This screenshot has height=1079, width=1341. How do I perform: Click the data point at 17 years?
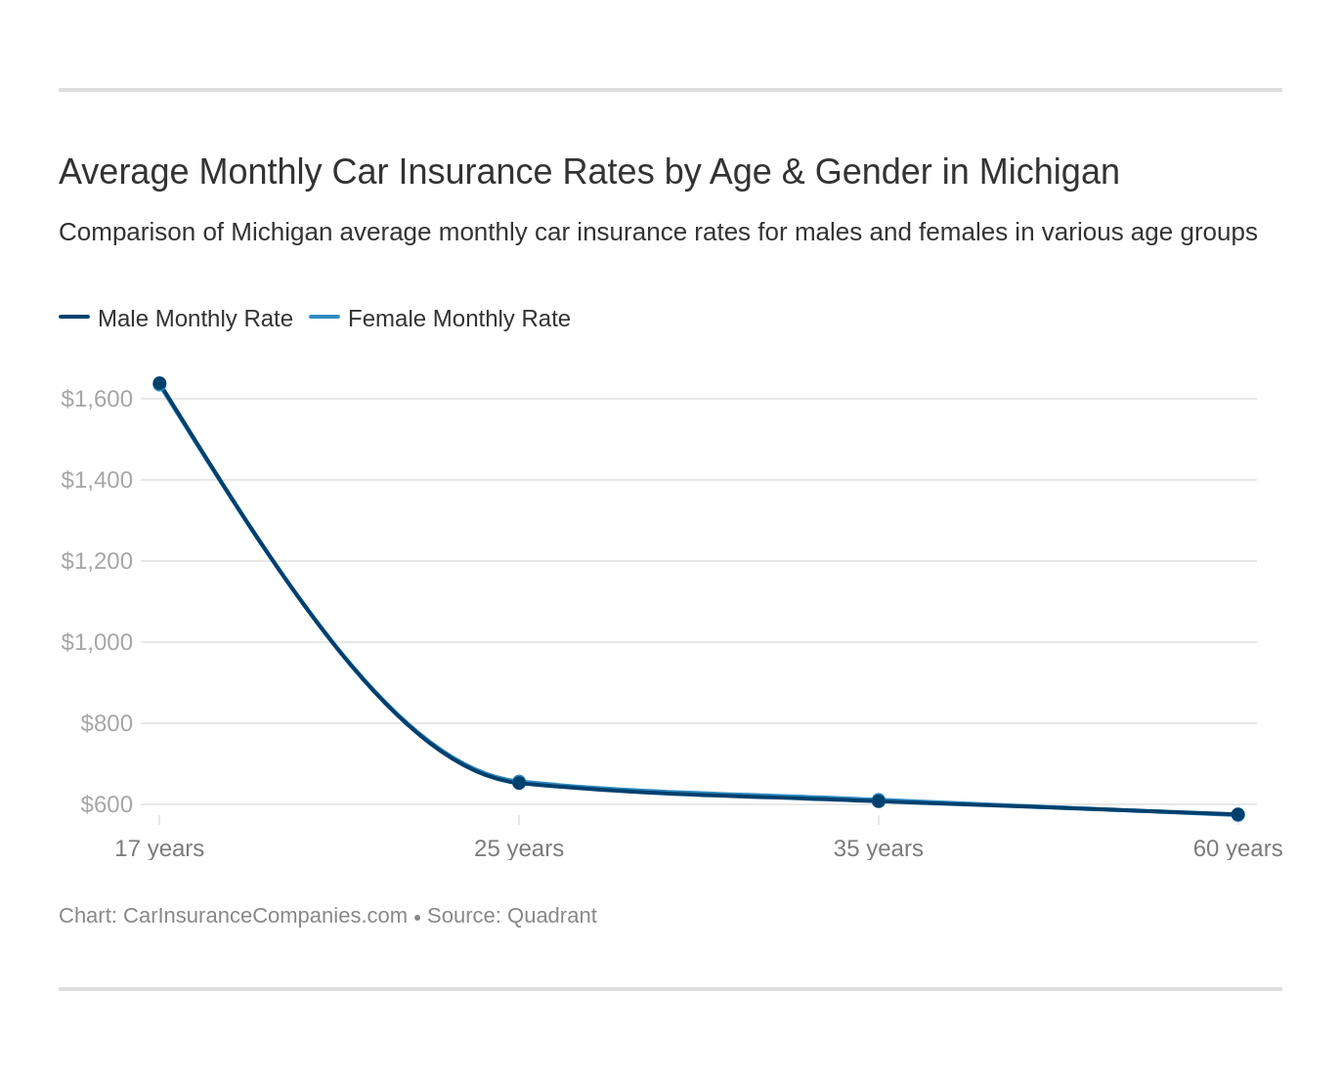click(x=159, y=384)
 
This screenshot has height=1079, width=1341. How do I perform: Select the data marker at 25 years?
click(x=519, y=782)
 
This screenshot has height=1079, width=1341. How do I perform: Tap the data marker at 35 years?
click(x=879, y=800)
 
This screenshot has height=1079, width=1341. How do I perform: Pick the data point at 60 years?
click(x=1237, y=814)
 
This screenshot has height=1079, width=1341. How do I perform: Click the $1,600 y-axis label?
click(x=97, y=399)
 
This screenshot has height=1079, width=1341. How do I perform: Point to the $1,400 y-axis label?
click(x=97, y=480)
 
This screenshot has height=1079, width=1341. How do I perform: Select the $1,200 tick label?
click(x=97, y=561)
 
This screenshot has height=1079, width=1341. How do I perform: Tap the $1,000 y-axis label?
click(x=97, y=642)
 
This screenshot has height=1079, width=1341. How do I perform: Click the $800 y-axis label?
click(x=107, y=723)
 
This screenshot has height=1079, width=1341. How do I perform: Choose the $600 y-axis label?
click(x=107, y=804)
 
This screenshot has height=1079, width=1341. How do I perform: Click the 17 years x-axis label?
click(x=159, y=848)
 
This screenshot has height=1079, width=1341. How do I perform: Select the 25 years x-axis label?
click(x=519, y=848)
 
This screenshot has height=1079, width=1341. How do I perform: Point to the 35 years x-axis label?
click(x=879, y=848)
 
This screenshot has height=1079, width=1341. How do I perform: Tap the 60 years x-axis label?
click(x=1237, y=848)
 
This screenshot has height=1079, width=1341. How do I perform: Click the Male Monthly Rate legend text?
click(x=195, y=319)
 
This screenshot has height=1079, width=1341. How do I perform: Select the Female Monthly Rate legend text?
click(x=459, y=319)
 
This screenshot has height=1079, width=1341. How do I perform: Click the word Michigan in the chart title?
click(x=1049, y=172)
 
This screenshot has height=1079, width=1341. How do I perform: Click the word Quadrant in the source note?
click(x=551, y=916)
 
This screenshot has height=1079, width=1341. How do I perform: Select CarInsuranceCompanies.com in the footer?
click(x=265, y=916)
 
